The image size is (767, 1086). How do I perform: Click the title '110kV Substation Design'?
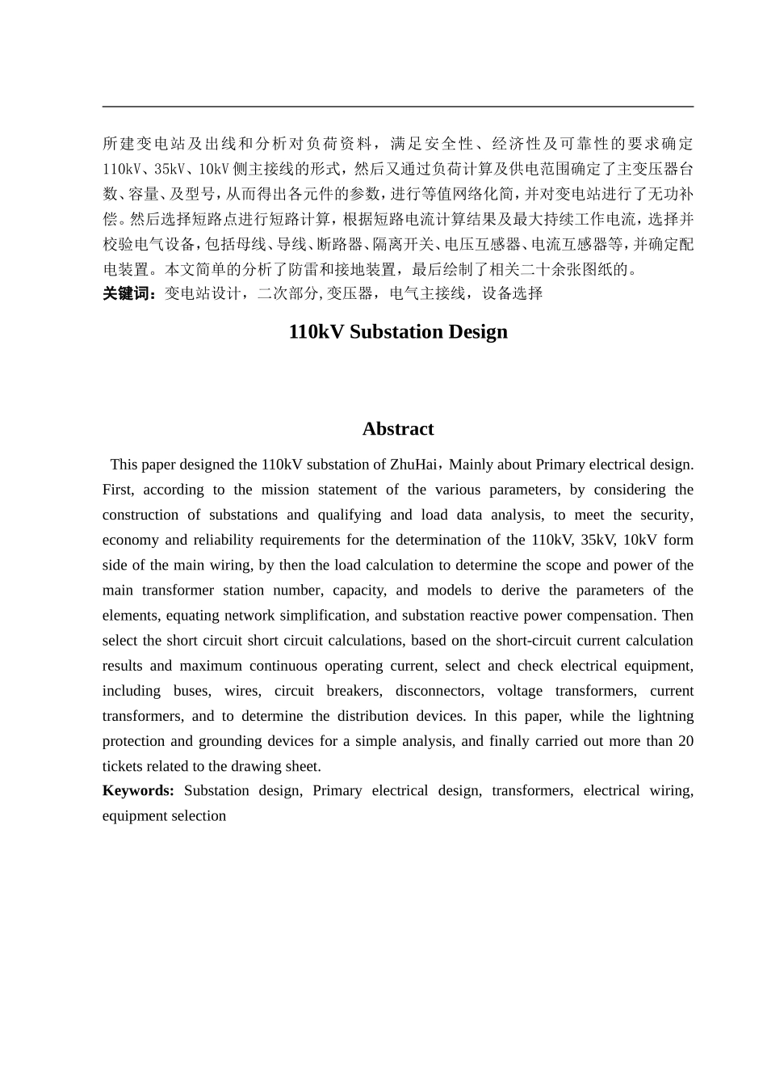398,332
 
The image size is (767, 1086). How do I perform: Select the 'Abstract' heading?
398,429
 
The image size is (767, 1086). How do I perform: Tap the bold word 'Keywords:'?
138,790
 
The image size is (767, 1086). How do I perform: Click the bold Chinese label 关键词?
129,293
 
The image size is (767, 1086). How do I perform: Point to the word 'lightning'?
665,716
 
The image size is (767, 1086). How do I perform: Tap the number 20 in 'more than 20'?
685,741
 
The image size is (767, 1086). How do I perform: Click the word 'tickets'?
122,766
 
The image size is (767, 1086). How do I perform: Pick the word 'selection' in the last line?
198,815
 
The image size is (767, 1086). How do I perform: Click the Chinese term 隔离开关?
403,244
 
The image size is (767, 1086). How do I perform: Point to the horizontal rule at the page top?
398,106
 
